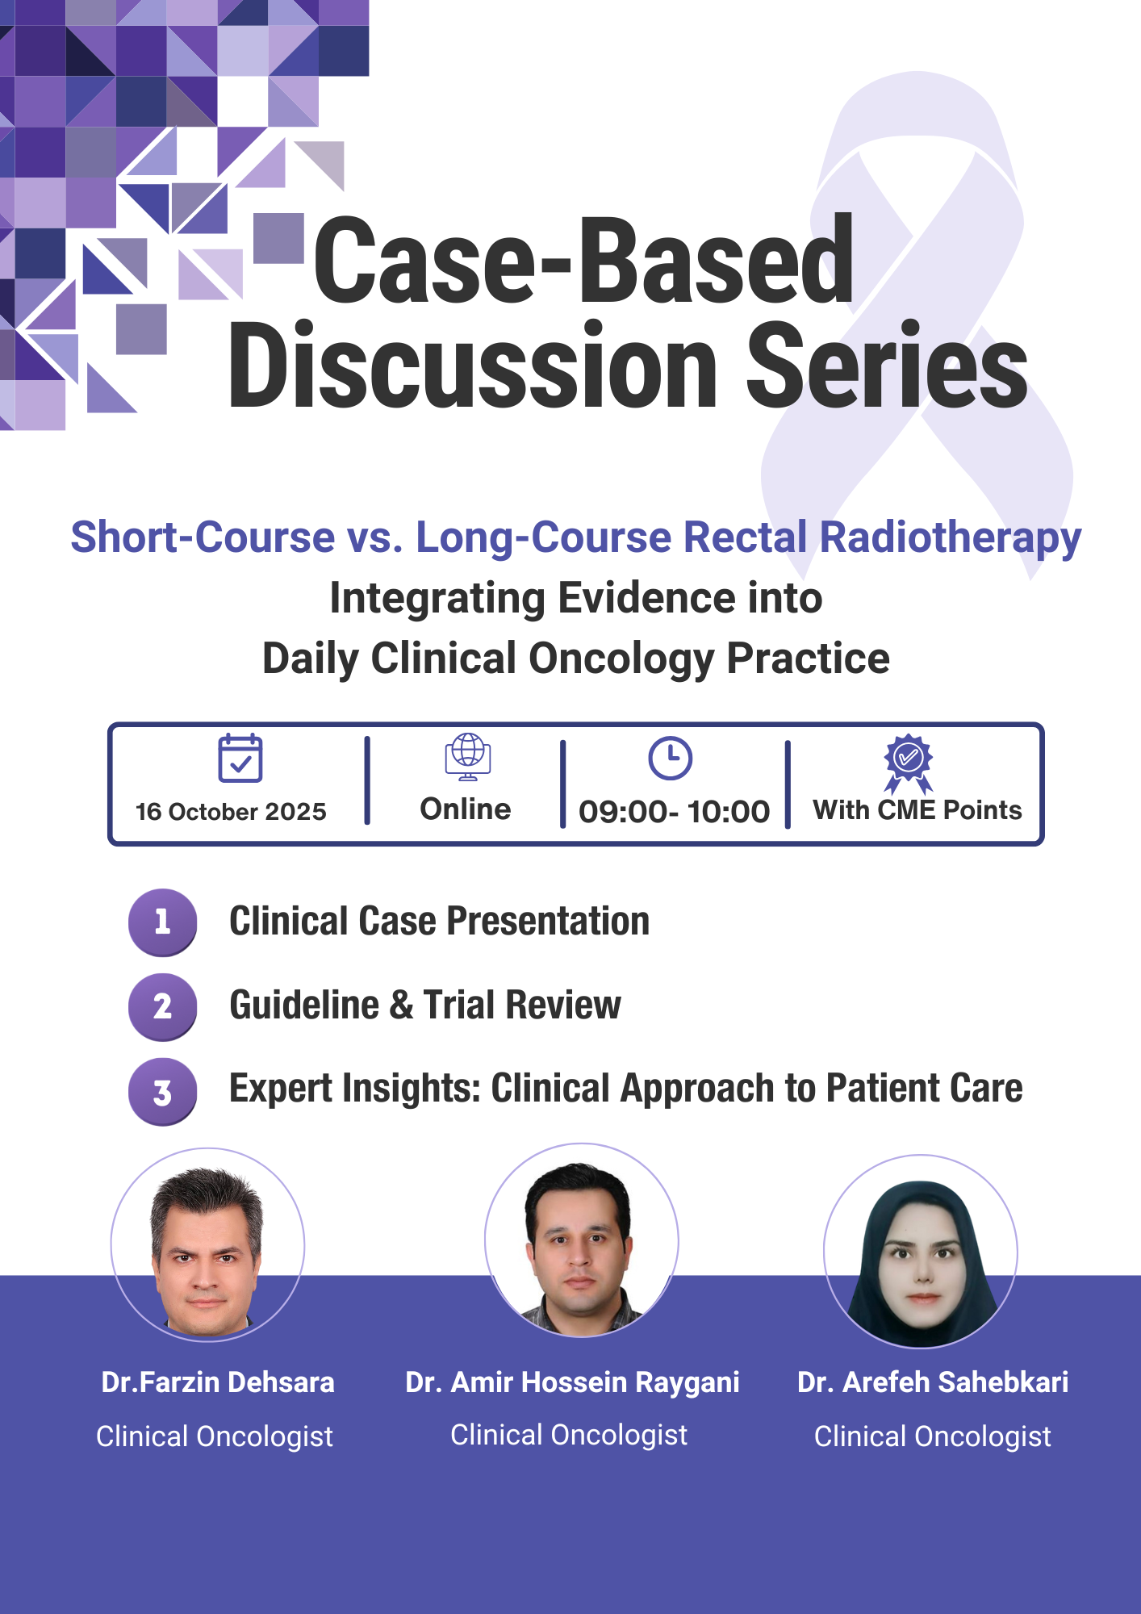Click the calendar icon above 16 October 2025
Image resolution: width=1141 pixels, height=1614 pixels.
[240, 758]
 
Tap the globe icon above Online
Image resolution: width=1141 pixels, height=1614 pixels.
[468, 757]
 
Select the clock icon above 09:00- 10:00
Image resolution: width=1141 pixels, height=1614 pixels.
[671, 759]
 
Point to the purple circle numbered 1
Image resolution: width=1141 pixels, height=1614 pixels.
[163, 922]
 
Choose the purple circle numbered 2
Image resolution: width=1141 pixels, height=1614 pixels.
[163, 1006]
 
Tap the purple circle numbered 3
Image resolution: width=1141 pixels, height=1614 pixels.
[163, 1092]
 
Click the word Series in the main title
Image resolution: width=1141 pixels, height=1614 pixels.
[887, 365]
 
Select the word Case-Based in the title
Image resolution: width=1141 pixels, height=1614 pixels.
[583, 260]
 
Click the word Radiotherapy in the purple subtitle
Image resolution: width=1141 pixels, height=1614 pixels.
[951, 539]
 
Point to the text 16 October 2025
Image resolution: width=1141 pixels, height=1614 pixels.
[231, 812]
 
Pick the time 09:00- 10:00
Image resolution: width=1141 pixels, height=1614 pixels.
[675, 812]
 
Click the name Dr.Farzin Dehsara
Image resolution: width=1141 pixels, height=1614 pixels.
[218, 1382]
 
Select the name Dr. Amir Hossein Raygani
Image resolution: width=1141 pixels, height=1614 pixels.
[572, 1383]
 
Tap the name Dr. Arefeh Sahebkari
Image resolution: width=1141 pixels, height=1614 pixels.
[933, 1382]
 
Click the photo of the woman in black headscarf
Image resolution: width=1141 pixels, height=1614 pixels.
[921, 1252]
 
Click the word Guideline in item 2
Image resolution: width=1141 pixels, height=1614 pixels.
[304, 1006]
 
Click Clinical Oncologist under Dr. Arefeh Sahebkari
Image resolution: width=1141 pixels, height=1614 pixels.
[933, 1436]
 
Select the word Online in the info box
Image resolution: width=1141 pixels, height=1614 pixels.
[466, 809]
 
